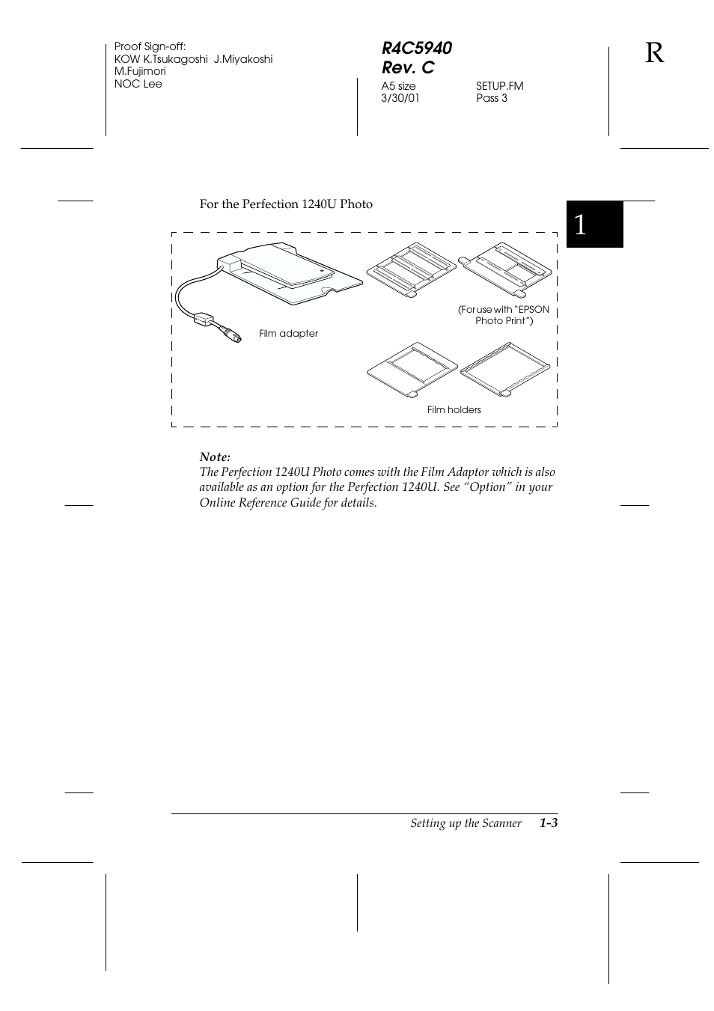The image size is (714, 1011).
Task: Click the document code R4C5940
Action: [416, 48]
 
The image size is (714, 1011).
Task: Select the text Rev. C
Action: [407, 67]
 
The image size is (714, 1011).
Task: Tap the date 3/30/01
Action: [400, 98]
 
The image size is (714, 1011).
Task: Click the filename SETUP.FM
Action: [499, 86]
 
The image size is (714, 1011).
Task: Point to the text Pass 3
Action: [491, 98]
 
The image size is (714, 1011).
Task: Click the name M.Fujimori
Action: [140, 71]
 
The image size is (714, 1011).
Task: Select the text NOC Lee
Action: [138, 84]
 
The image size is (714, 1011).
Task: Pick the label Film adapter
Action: [288, 334]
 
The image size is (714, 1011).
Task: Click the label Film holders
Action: [454, 410]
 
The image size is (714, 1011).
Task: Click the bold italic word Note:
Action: [215, 457]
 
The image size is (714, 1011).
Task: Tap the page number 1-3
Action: [548, 823]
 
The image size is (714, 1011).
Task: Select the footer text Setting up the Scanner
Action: [466, 823]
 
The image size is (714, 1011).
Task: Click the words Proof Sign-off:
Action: [150, 46]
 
